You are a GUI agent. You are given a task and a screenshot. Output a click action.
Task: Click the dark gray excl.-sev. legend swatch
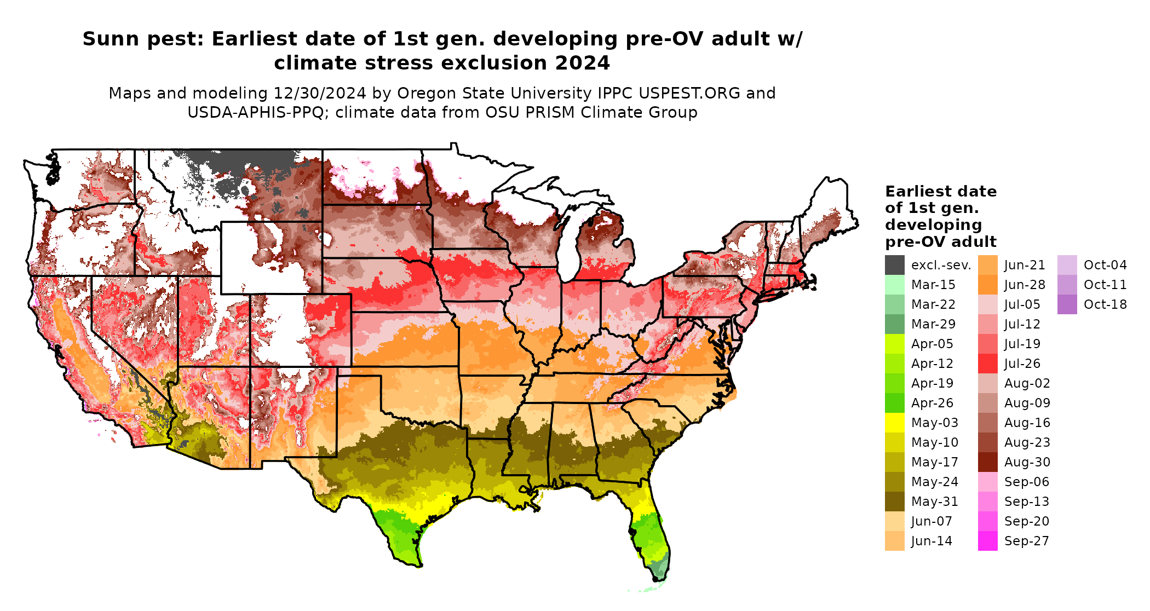tap(894, 265)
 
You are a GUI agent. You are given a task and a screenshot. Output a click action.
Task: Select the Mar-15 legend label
tap(933, 285)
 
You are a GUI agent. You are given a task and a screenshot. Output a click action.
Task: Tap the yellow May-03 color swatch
tap(894, 423)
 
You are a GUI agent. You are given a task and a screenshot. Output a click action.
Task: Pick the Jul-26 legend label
tap(1022, 364)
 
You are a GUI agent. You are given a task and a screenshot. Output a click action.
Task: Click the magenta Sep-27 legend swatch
tap(987, 541)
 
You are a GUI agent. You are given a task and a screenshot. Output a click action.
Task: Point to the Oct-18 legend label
tap(1105, 304)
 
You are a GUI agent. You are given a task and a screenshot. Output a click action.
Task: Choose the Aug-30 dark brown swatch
tap(987, 462)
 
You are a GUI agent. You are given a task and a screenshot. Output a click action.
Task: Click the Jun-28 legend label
tap(1025, 285)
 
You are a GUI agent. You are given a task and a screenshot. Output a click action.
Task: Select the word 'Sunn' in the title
tap(112, 39)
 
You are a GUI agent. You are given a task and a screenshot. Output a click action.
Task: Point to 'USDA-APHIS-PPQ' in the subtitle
tap(258, 113)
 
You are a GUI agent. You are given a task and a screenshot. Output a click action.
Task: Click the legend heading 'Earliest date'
tap(940, 192)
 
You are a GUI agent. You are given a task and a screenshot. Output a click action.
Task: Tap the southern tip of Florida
tap(655, 578)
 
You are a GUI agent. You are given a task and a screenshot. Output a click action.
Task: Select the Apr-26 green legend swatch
tap(894, 403)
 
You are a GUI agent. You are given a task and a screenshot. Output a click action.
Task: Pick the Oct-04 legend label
tap(1105, 265)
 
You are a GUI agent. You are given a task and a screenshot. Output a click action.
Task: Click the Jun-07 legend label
tap(932, 521)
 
